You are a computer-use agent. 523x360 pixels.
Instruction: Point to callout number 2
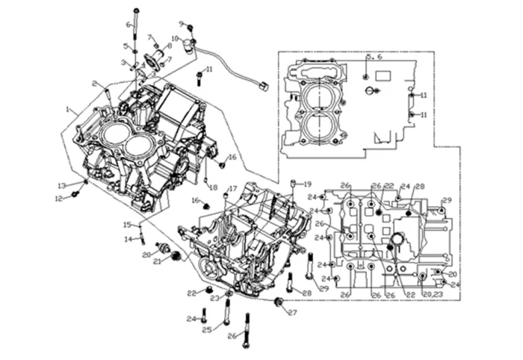tap(95, 83)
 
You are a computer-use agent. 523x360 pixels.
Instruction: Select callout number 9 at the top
tap(181, 24)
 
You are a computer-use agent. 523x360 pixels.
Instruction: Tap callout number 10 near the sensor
tap(175, 38)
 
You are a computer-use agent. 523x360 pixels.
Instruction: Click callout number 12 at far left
tap(58, 198)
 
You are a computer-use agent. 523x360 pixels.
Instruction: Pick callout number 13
tap(62, 184)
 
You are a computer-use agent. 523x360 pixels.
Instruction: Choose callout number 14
tap(127, 239)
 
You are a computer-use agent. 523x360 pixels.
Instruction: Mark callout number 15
tap(127, 225)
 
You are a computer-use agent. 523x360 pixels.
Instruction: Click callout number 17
tap(233, 188)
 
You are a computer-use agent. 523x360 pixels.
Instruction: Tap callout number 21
tap(158, 261)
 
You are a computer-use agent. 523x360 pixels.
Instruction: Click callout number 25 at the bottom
tap(207, 329)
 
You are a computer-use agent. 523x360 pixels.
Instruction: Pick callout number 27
tap(292, 312)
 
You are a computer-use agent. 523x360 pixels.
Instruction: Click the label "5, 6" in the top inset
tap(373, 58)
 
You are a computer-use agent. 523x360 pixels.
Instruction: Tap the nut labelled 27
tap(279, 302)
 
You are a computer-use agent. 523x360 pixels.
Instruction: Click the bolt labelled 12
tap(75, 195)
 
